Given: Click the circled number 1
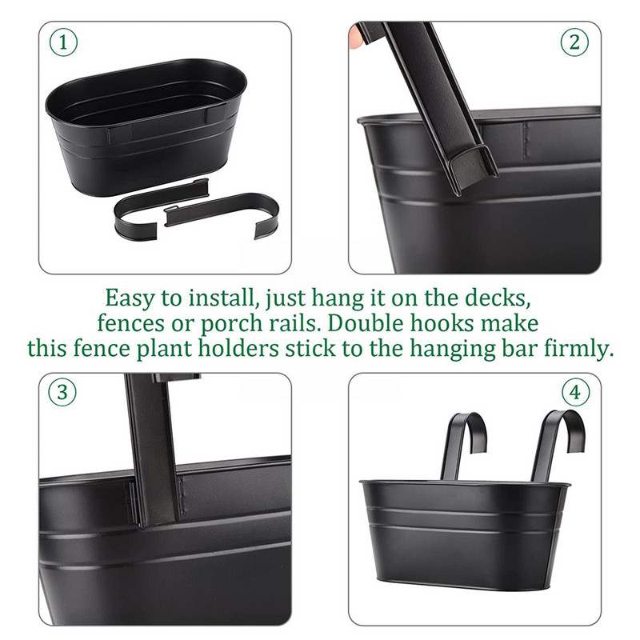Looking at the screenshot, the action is [63, 42].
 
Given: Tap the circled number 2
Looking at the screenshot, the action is [574, 42].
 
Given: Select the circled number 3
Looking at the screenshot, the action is [62, 392].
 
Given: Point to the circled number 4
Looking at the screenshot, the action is [575, 392].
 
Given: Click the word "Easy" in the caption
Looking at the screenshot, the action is [130, 298].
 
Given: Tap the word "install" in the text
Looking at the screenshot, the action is [224, 298].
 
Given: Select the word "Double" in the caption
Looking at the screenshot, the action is [366, 323].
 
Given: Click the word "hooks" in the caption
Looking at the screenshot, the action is [442, 323].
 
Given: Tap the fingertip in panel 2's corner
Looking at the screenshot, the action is [355, 37].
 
